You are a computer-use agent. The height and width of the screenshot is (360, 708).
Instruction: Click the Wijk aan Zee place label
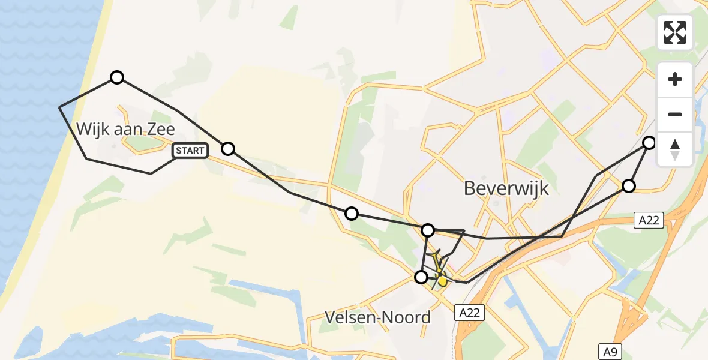[126, 128]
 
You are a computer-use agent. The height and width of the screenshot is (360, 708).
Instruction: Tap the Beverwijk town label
[506, 188]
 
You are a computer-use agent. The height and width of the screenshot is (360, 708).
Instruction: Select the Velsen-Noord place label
[377, 317]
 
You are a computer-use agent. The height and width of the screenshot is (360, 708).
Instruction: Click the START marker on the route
[190, 151]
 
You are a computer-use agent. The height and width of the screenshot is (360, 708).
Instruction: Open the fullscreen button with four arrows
[675, 32]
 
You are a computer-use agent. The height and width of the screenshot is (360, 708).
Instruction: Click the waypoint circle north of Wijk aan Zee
[117, 77]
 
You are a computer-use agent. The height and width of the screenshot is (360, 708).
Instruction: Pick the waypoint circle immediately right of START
[228, 149]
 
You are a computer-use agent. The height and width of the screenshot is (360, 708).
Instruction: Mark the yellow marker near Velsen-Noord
[442, 280]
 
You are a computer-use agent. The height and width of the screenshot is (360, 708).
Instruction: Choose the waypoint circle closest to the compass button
[649, 143]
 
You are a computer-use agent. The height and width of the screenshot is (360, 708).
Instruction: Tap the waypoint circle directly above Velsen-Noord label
[421, 277]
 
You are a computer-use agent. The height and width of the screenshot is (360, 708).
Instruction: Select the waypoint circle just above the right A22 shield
[628, 186]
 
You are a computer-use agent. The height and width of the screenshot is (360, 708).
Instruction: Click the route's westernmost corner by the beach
[59, 107]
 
